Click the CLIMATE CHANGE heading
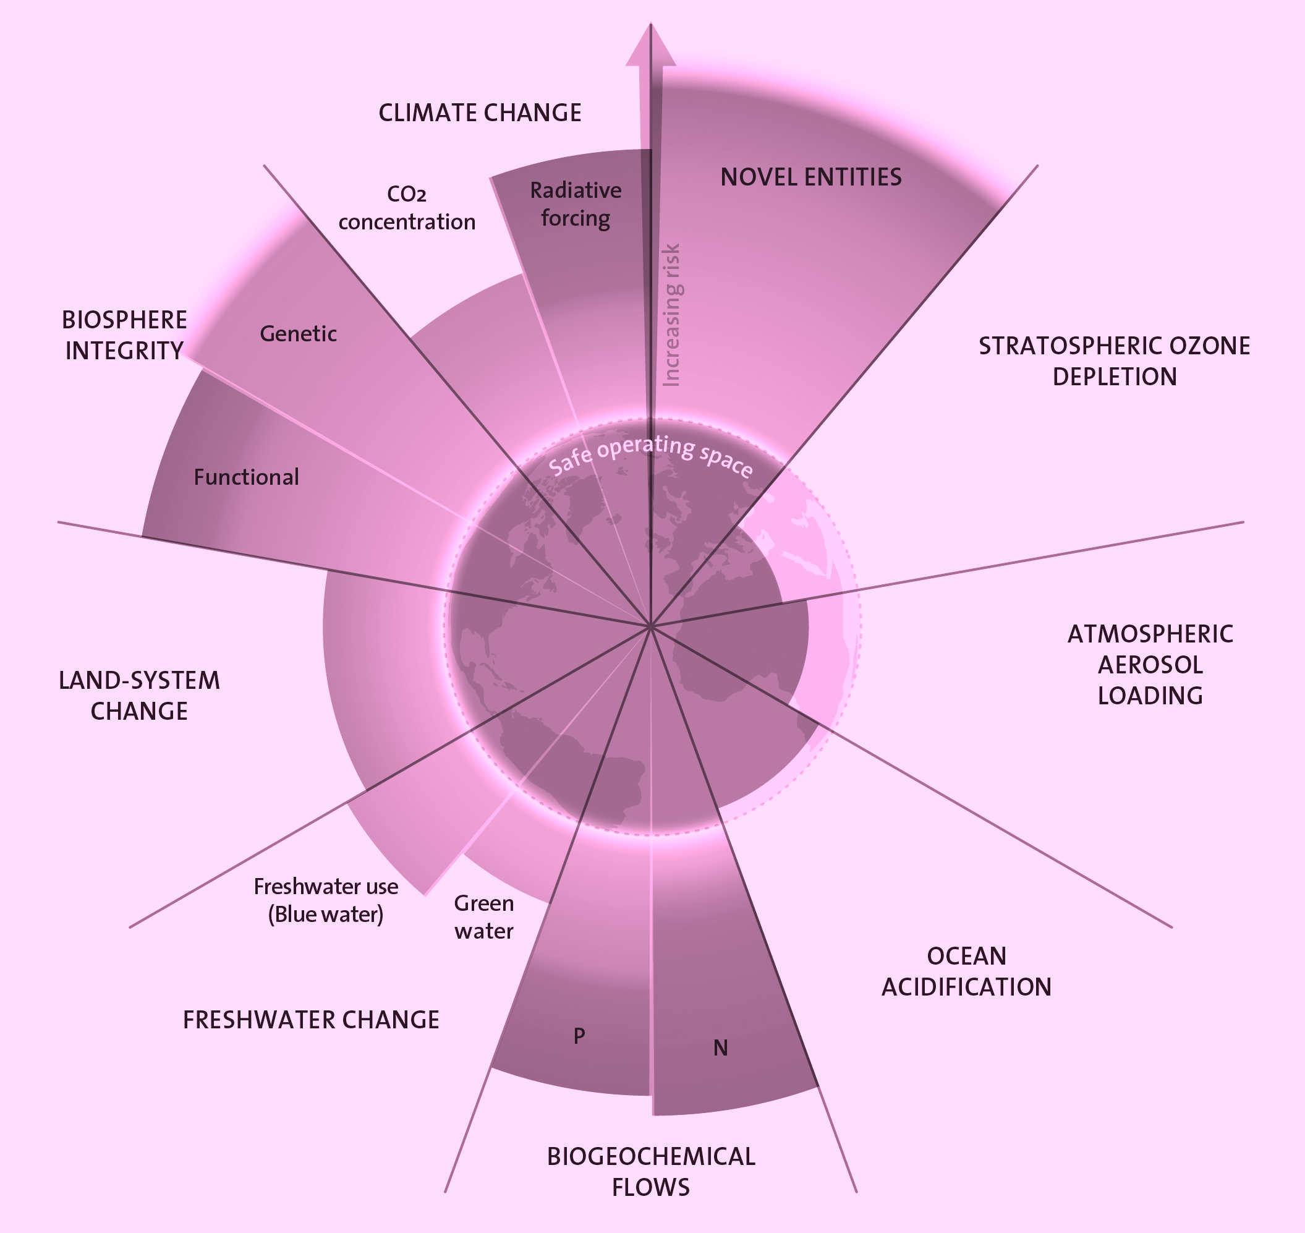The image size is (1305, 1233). pos(480,113)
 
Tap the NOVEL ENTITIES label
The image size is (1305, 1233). pos(811,177)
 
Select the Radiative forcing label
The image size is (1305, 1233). pos(576,205)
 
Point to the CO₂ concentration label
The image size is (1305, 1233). pos(407,208)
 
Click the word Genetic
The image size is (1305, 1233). pos(298,334)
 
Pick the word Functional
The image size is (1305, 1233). pos(246,477)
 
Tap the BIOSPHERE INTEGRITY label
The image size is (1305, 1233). pos(124,335)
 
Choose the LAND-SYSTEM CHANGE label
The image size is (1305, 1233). pos(139,696)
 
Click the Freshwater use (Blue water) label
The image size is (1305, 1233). pos(326,900)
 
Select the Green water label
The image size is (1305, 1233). pos(483,917)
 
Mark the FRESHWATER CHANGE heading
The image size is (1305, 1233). pos(311,1020)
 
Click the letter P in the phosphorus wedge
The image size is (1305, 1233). pos(579,1036)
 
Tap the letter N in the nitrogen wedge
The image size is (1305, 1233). pos(720,1048)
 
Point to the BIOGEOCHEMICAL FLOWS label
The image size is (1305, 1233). pos(650,1172)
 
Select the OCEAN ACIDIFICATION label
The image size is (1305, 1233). pos(966,971)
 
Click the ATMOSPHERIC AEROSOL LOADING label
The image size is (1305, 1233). pos(1150,665)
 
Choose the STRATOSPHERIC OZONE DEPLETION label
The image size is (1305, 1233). pos(1115,361)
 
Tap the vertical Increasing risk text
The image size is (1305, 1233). pos(671,315)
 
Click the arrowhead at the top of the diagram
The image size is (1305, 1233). pos(650,46)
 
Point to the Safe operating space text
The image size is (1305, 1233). pos(650,453)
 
